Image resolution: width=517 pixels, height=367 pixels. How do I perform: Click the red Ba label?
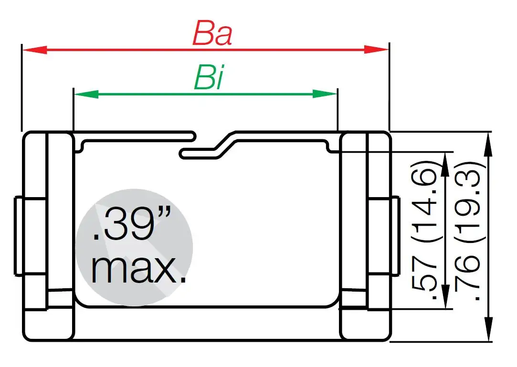click(x=212, y=34)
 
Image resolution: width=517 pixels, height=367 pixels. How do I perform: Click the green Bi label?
click(x=209, y=79)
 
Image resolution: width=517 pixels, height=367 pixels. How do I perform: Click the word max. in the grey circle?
click(x=138, y=270)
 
